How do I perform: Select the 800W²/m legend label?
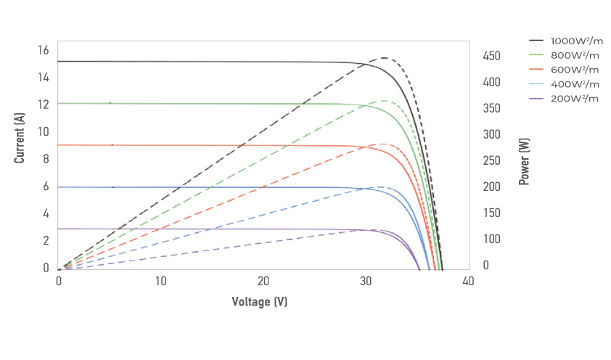(x=574, y=55)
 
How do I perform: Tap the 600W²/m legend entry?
(x=574, y=70)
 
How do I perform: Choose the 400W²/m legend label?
(x=574, y=84)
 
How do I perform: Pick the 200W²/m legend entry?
(x=574, y=99)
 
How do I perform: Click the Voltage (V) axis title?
(x=260, y=301)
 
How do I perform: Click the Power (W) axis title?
(x=523, y=162)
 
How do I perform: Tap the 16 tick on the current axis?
(x=43, y=50)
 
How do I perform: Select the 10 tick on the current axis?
(x=43, y=131)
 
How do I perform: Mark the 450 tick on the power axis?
(x=492, y=56)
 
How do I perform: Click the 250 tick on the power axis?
(x=492, y=160)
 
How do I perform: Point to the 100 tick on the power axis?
(x=492, y=239)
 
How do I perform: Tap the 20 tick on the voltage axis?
(x=263, y=282)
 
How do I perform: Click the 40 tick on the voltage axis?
(x=468, y=282)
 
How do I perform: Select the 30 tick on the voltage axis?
(x=366, y=282)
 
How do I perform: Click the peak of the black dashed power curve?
(x=383, y=58)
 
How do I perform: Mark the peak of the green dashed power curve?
(x=383, y=101)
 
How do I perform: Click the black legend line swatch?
(x=537, y=41)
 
